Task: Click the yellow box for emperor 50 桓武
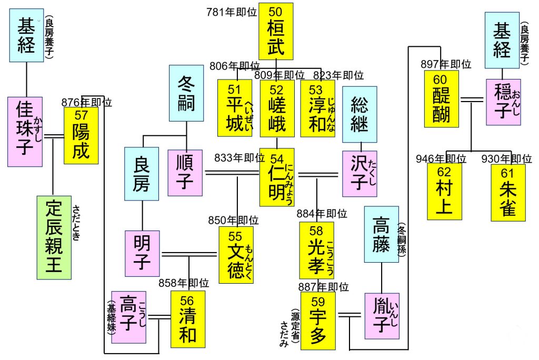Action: pos(276,31)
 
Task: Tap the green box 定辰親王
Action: pos(54,237)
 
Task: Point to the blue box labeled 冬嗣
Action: pos(186,94)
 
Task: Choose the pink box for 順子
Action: pos(185,173)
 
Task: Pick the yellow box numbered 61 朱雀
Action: pos(508,192)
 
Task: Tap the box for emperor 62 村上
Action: pos(444,192)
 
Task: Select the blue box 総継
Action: pos(360,114)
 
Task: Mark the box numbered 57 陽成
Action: pos(81,135)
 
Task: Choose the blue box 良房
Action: pos(142,174)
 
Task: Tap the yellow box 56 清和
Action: pos(187,319)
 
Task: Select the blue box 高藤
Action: pos(382,235)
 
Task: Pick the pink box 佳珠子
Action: pos(25,132)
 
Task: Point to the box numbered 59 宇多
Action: pos(317,321)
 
